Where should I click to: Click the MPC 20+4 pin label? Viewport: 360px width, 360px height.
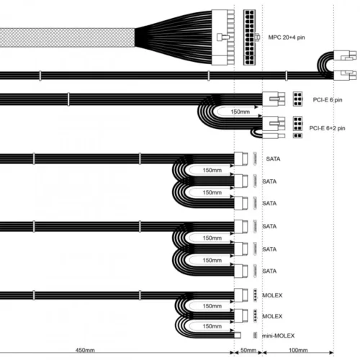pyautogui.click(x=287, y=37)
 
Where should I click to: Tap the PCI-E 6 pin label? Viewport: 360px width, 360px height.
pyautogui.click(x=328, y=100)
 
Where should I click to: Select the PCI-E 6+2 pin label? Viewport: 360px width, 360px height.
pyautogui.click(x=327, y=128)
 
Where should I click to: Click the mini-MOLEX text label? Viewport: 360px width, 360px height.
pyautogui.click(x=278, y=336)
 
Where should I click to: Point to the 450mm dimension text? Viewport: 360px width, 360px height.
pyautogui.click(x=85, y=350)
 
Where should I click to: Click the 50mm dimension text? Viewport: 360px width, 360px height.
pyautogui.click(x=248, y=350)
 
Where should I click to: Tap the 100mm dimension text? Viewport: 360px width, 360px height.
pyautogui.click(x=298, y=350)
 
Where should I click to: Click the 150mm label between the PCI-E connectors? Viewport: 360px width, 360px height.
pyautogui.click(x=240, y=112)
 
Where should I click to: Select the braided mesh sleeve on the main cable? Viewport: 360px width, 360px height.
pyautogui.click(x=67, y=37)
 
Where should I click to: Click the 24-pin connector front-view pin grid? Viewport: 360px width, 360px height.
pyautogui.click(x=249, y=37)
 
